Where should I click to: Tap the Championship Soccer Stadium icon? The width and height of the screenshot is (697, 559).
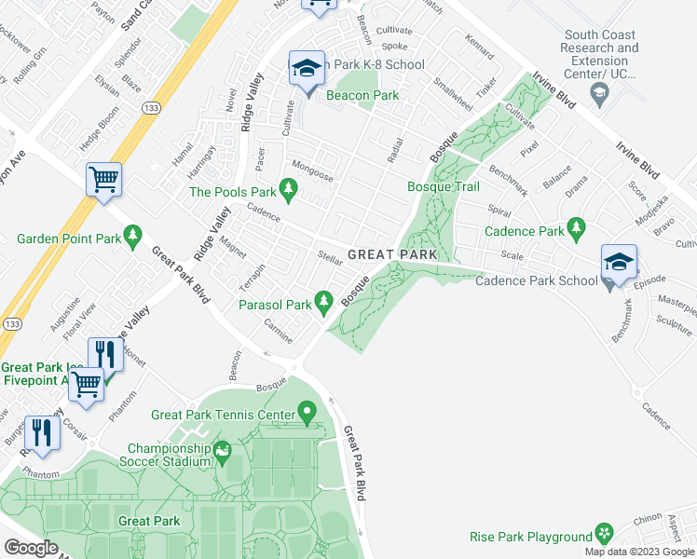(223, 454)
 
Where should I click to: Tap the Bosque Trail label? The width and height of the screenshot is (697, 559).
(444, 187)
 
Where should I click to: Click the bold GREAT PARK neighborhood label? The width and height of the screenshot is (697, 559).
(392, 254)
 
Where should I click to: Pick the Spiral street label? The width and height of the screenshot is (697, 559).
(500, 211)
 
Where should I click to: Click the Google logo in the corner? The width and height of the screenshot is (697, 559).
(31, 548)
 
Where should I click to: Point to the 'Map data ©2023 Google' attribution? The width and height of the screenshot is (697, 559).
(638, 552)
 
